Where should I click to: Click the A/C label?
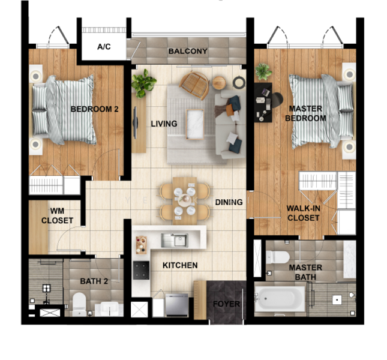point(104,47)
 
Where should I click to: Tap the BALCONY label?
point(188,52)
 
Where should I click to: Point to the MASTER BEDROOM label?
point(305,113)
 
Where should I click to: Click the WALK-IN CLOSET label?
point(303,213)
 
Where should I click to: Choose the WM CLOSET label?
point(57,216)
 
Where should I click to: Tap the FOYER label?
point(226,304)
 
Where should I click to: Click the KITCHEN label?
point(179,265)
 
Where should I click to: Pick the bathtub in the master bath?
point(280,298)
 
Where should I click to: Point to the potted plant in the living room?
point(144,82)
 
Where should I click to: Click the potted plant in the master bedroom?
point(263,71)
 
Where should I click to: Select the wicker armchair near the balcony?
point(194,85)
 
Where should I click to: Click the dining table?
point(184,200)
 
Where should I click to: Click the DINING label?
point(229,202)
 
